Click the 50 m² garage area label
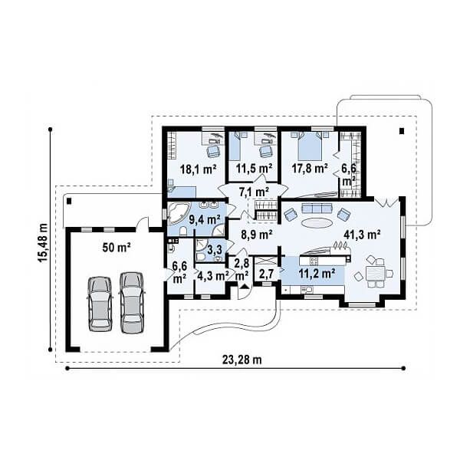[117, 248]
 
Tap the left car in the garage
[100, 304]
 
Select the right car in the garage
[132, 303]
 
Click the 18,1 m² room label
[198, 169]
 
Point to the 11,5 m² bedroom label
[254, 168]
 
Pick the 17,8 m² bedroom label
[310, 168]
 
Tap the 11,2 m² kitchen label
[317, 274]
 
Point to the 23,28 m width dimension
[242, 360]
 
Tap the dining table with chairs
[376, 272]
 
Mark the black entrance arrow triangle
[244, 287]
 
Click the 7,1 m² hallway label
[255, 192]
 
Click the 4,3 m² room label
[213, 276]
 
